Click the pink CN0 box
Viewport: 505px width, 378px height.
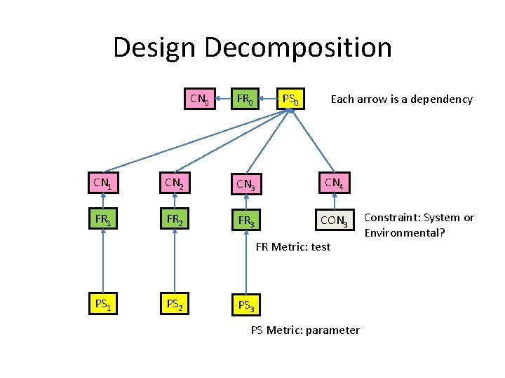[x=199, y=99]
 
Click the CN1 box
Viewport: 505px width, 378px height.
[x=103, y=184]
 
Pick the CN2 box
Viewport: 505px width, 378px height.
[x=173, y=184]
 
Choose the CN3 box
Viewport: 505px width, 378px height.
[x=245, y=184]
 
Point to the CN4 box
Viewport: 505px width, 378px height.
[x=333, y=184]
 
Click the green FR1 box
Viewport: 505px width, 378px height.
[x=103, y=220]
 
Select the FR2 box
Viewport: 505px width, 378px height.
[x=173, y=220]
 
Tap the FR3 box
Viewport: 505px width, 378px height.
[x=245, y=221]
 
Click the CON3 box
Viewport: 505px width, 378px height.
[x=333, y=221]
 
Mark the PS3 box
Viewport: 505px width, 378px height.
[x=245, y=304]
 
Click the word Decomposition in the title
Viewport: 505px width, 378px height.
[x=298, y=48]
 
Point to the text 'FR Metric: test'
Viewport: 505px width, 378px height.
[x=293, y=246]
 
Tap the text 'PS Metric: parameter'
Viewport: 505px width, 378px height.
[x=305, y=330]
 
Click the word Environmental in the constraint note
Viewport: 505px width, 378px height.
[x=403, y=232]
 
